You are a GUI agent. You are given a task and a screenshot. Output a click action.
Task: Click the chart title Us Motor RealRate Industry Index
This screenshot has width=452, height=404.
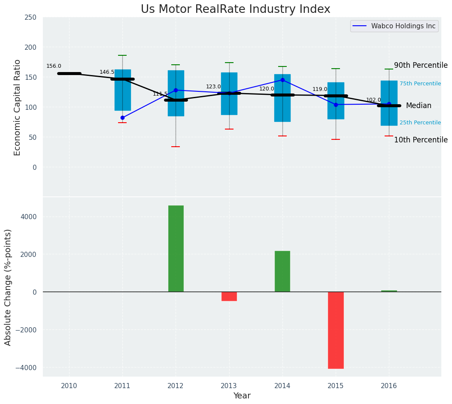(x=235, y=9)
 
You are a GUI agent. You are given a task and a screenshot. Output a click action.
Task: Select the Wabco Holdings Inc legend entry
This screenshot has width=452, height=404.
(x=394, y=26)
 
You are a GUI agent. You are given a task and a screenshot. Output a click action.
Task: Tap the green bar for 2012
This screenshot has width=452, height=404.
(x=176, y=248)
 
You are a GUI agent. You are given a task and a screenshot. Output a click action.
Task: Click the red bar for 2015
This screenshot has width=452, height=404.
(x=336, y=330)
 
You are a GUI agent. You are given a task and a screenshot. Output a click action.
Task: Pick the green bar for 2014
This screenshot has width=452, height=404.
(x=282, y=271)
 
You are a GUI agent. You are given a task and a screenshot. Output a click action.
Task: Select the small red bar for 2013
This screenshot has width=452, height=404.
(x=229, y=296)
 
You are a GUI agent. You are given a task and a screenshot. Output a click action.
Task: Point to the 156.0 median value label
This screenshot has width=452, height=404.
(x=54, y=66)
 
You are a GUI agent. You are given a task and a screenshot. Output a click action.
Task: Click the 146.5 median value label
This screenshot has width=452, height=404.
(x=107, y=72)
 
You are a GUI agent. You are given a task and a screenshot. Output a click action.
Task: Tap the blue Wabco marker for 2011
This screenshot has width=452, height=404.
(x=122, y=118)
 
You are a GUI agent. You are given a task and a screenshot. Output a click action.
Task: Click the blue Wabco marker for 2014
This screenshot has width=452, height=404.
(x=282, y=80)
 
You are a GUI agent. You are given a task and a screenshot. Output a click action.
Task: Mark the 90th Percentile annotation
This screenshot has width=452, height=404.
(x=421, y=65)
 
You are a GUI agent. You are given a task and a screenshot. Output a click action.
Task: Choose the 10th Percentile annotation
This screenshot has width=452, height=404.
(x=421, y=140)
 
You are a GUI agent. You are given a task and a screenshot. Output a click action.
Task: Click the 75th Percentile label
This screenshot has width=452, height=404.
(x=420, y=84)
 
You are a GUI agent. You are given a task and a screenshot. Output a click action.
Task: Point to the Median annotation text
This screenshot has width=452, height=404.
(x=419, y=106)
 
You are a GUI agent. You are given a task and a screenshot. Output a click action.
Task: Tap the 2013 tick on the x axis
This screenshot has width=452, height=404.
(x=229, y=386)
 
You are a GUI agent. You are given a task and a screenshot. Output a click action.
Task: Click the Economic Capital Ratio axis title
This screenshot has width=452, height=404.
(x=17, y=108)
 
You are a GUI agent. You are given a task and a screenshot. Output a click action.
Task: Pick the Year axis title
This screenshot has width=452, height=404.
(x=242, y=396)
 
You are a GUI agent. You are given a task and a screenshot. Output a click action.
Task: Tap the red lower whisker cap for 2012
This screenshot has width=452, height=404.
(x=176, y=147)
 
